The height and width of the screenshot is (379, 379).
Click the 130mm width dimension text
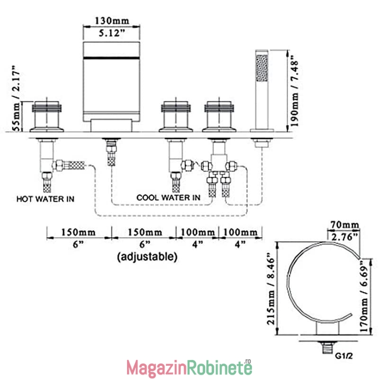pyautogui.click(x=112, y=20)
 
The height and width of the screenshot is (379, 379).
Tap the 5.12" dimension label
pyautogui.click(x=112, y=33)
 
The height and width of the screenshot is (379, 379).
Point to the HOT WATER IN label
pyautogui.click(x=45, y=199)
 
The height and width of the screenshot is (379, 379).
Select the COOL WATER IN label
pyautogui.click(x=168, y=198)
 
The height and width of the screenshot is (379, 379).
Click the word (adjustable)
pyautogui.click(x=147, y=256)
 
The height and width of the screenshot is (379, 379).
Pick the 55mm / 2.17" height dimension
pyautogui.click(x=16, y=98)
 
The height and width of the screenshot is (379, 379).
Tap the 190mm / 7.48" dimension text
pyautogui.click(x=294, y=90)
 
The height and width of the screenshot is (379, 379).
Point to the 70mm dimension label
pyautogui.click(x=344, y=225)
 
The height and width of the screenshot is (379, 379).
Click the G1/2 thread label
pyautogui.click(x=344, y=356)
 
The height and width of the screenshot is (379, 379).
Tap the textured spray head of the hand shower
pyautogui.click(x=262, y=68)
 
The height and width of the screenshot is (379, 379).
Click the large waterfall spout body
pyautogui.click(x=111, y=81)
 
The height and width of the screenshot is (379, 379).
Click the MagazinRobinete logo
pyautogui.click(x=189, y=368)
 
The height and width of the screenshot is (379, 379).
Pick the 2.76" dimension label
pyautogui.click(x=344, y=237)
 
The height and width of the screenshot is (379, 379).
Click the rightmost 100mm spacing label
pyautogui.click(x=240, y=232)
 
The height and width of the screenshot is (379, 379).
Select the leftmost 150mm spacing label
pyautogui.click(x=78, y=232)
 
